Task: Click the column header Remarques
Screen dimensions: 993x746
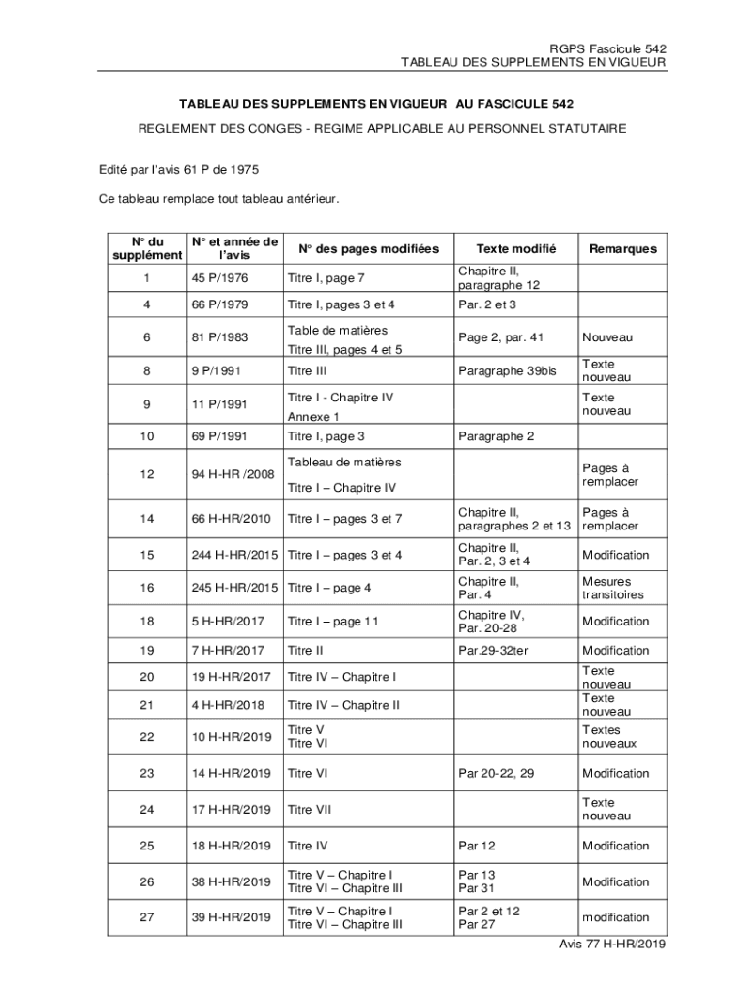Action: click(x=622, y=249)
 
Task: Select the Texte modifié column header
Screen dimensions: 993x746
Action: click(x=514, y=249)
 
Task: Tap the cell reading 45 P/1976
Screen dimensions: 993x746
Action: click(x=220, y=278)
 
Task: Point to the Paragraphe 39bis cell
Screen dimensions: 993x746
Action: click(x=508, y=370)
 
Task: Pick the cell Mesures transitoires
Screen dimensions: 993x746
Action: click(x=612, y=588)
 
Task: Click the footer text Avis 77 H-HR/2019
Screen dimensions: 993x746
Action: click(x=612, y=945)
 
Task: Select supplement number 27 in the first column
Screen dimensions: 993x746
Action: click(x=146, y=917)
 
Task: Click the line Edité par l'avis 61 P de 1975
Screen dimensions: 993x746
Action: click(x=178, y=169)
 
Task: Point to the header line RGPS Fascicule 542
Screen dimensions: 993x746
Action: click(x=607, y=48)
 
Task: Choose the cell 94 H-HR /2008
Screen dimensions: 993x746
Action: click(x=233, y=474)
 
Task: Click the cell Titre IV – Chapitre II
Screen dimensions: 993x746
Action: click(x=343, y=705)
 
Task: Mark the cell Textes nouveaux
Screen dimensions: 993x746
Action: click(x=609, y=737)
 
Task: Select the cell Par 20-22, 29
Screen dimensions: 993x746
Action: click(x=496, y=773)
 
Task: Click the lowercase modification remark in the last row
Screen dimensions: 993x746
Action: click(x=615, y=917)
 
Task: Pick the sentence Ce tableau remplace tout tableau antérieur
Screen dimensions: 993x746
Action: click(x=219, y=199)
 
